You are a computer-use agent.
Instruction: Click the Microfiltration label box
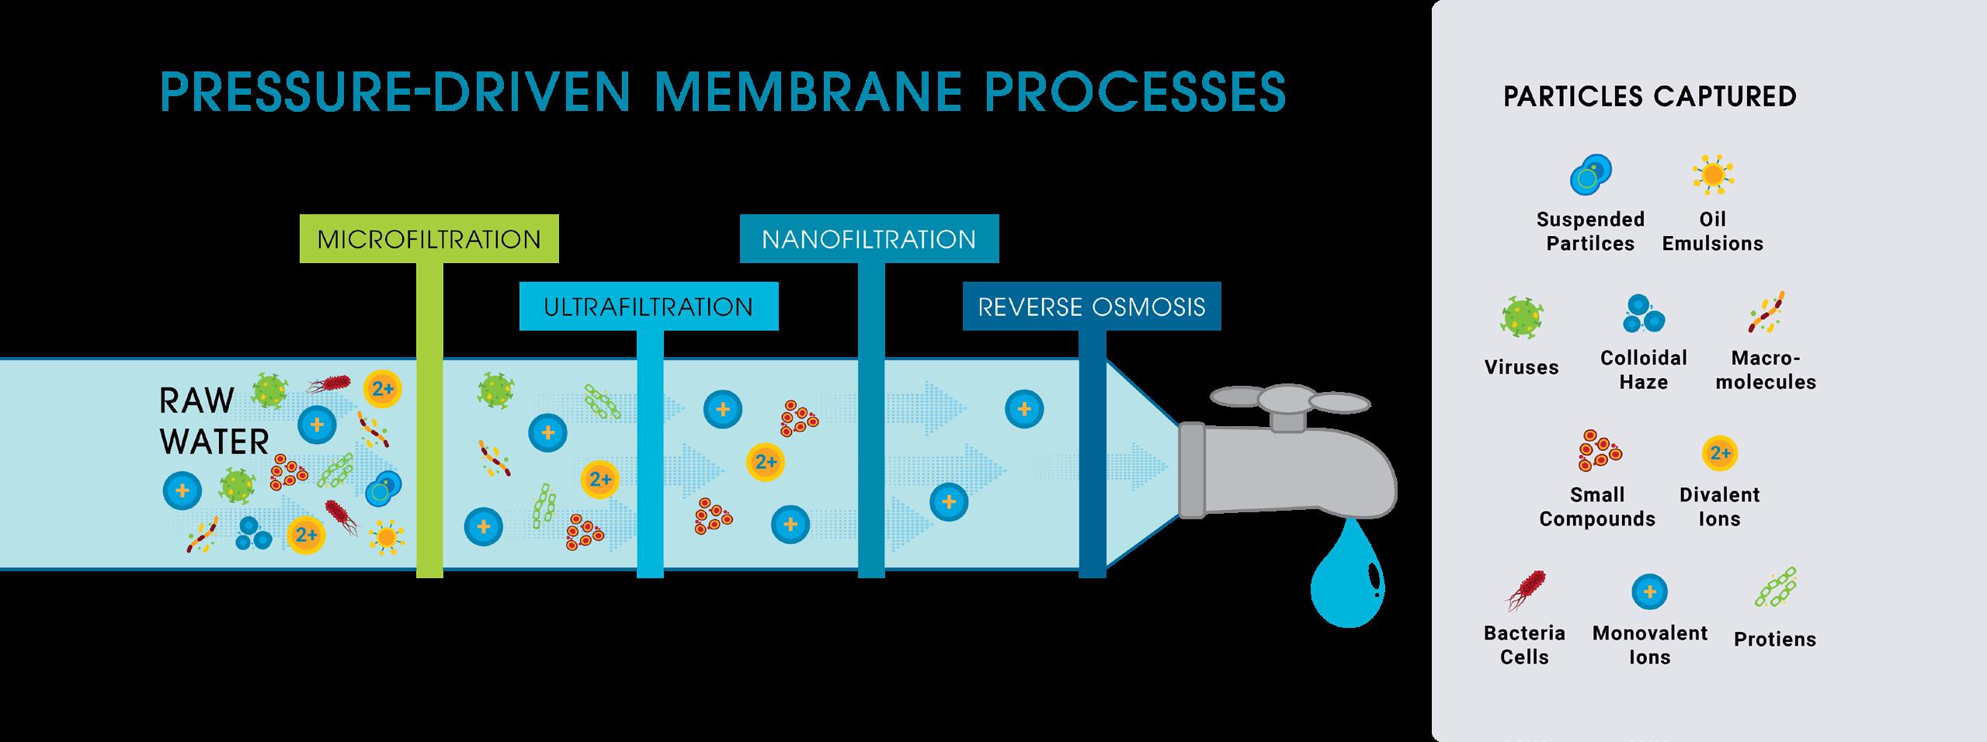click(429, 238)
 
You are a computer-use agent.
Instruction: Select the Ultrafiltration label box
click(648, 307)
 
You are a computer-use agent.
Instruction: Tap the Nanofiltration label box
click(869, 238)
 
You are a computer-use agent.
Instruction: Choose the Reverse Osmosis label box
click(1091, 307)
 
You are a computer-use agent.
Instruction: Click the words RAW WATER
click(214, 421)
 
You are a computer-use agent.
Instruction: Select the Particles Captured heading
click(1650, 96)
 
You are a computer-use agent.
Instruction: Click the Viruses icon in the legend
click(1522, 317)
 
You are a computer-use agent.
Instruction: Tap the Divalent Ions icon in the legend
click(1720, 453)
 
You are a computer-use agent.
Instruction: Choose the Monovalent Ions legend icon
click(1650, 592)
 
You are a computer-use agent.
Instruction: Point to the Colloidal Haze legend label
click(1644, 369)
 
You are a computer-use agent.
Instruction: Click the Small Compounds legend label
click(1597, 506)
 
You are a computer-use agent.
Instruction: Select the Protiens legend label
click(1775, 639)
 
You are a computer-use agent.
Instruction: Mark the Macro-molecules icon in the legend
click(1766, 312)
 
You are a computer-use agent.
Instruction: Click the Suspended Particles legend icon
click(1591, 175)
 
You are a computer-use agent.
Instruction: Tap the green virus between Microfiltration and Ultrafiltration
click(495, 390)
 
